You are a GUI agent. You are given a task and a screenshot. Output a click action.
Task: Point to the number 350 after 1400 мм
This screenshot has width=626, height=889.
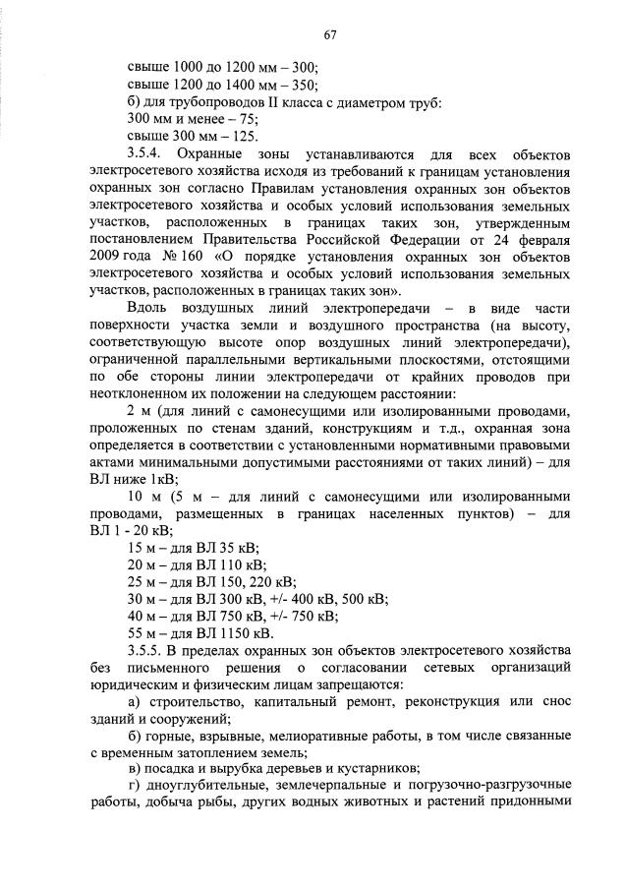(x=305, y=86)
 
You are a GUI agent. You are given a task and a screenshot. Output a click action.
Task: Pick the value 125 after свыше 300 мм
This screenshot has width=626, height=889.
(x=232, y=138)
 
